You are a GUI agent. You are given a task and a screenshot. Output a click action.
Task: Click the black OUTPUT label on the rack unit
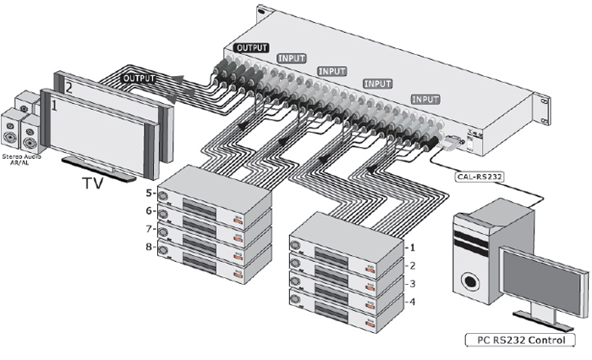pos(251,47)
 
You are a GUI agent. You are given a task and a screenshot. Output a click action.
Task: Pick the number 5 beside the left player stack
pos(149,194)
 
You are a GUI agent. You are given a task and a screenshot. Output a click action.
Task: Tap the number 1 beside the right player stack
pos(411,248)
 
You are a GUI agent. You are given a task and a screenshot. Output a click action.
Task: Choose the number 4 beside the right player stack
pos(412,302)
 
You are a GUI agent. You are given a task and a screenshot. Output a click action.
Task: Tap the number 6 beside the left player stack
pos(149,211)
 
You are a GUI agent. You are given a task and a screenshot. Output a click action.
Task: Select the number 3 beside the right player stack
pos(412,284)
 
